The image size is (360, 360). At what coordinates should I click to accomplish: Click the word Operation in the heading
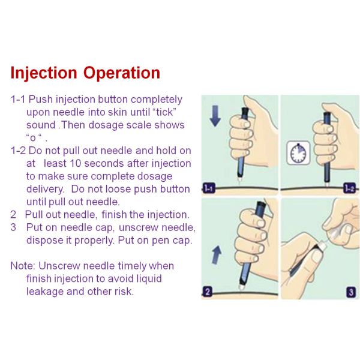(x=122, y=73)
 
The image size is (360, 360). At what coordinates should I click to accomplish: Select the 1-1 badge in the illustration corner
(x=209, y=188)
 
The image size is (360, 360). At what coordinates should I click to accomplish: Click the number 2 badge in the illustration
(x=208, y=292)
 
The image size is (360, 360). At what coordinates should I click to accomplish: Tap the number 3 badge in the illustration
(x=351, y=292)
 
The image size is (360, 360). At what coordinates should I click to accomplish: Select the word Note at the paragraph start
(x=23, y=266)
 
